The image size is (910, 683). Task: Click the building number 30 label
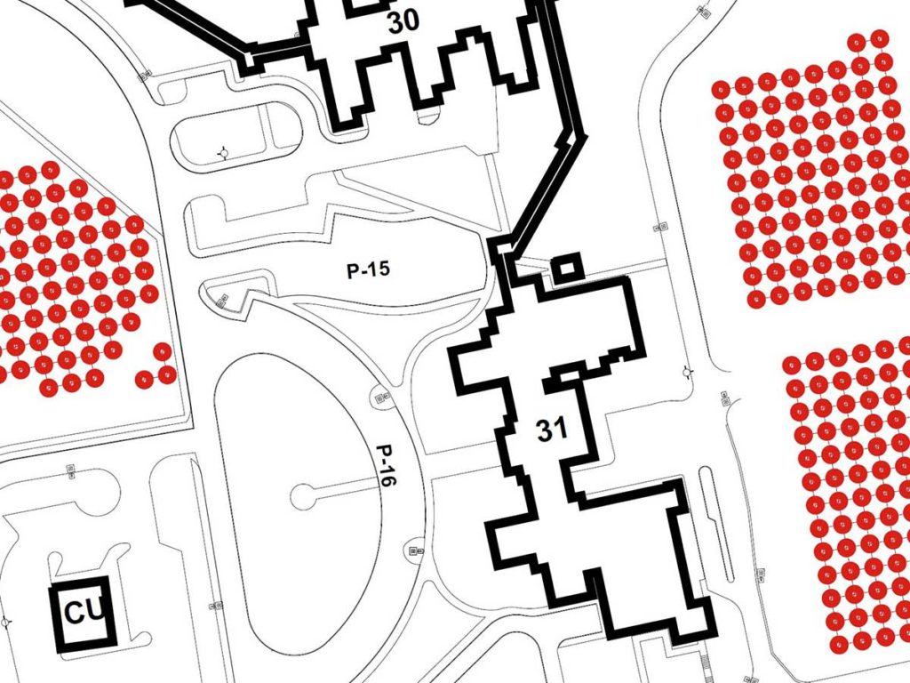403,21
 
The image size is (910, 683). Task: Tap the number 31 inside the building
552,430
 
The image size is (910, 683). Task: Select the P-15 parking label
369,269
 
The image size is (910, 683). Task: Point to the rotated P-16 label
386,465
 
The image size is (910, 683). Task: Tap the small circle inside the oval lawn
304,496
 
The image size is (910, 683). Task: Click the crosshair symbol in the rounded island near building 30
223,153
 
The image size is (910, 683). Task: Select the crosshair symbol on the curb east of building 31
688,372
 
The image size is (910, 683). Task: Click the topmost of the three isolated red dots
162,351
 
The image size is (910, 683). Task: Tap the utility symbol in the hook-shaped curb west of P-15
221,301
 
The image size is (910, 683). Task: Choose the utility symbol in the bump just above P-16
381,398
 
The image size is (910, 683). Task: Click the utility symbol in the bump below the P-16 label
416,550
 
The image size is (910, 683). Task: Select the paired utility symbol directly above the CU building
71,471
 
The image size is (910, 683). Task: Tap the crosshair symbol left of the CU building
6,622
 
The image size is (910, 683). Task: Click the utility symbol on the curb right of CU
215,605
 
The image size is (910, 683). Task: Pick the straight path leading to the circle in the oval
347,486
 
